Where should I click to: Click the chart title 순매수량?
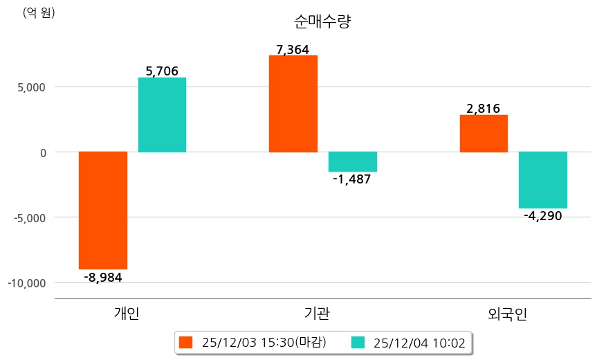coord(323,22)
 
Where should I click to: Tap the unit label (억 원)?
coord(39,12)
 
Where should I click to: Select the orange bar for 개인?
coord(103,210)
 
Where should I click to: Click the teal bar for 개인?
coord(162,114)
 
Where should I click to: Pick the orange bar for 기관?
coord(293,103)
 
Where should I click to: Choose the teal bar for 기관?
coord(352,161)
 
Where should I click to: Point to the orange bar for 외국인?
coord(484,133)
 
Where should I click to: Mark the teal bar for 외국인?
coord(543,179)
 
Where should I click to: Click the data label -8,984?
coord(103,277)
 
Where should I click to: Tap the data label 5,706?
coord(162,71)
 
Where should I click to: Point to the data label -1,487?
coord(352,179)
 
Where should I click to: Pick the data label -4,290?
coord(543,216)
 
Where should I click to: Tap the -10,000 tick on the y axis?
coord(26,283)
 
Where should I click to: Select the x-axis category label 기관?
coord(317,314)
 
